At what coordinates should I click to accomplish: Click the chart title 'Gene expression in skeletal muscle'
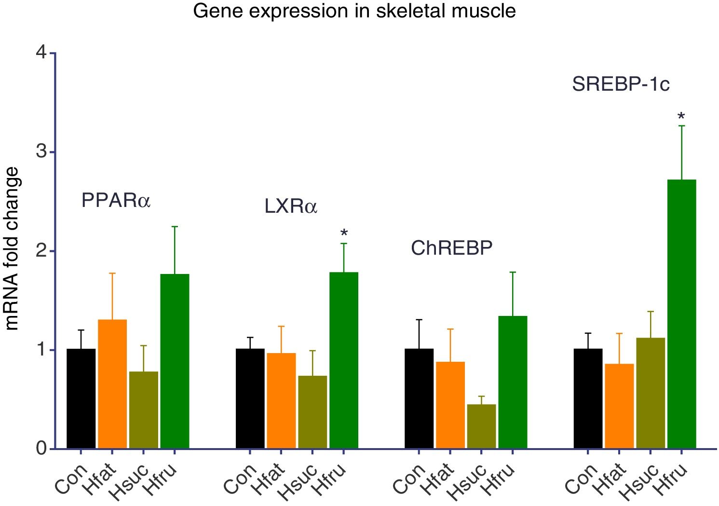[354, 11]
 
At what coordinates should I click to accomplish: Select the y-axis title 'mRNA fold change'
[12, 249]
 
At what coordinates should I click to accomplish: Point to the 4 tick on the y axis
[42, 52]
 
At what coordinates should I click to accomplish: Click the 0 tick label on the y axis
[42, 448]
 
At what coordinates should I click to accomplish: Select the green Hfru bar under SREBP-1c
[681, 314]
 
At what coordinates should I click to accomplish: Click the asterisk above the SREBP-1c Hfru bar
[681, 116]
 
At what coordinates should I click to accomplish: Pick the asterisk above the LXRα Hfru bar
[344, 234]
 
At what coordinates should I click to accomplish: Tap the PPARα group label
[116, 200]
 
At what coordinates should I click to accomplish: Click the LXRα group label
[291, 206]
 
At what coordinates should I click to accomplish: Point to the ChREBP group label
[451, 248]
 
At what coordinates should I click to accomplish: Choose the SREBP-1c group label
[621, 84]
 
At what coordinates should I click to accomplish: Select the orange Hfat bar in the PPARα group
[112, 384]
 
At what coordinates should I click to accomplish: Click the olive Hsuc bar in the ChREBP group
[481, 426]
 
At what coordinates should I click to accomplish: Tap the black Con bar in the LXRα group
[250, 398]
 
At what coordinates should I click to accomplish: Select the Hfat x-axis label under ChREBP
[437, 479]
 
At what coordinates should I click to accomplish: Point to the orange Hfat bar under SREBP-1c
[619, 406]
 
